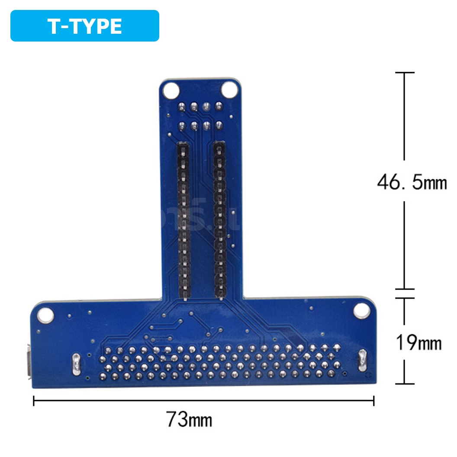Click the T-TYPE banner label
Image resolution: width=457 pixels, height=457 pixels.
coord(85,26)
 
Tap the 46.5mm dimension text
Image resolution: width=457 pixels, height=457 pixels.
coord(412,182)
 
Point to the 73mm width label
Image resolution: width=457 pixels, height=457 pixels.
coord(189,419)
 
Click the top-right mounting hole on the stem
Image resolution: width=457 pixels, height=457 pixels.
coord(229,90)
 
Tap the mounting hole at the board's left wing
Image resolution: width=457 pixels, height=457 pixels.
coord(45,315)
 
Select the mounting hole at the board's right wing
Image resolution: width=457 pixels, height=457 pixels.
coord(360,310)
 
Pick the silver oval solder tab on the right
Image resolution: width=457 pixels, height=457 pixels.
coord(362,360)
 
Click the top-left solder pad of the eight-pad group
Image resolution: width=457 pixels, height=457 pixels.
coord(182,106)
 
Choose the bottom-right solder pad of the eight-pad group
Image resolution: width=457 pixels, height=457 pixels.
coord(219,126)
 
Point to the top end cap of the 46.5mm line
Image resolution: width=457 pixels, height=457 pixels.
coord(404,73)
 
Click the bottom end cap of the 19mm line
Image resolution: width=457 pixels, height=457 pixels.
coord(404,383)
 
